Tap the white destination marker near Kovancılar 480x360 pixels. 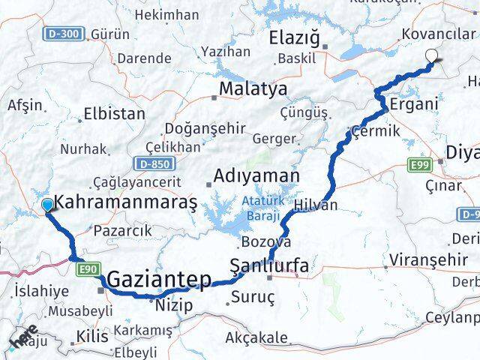[432, 55]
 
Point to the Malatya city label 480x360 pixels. [242, 89]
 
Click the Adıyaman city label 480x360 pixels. [256, 176]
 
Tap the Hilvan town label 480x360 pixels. [316, 205]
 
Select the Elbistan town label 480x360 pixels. [115, 115]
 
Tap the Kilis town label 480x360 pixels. [93, 335]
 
